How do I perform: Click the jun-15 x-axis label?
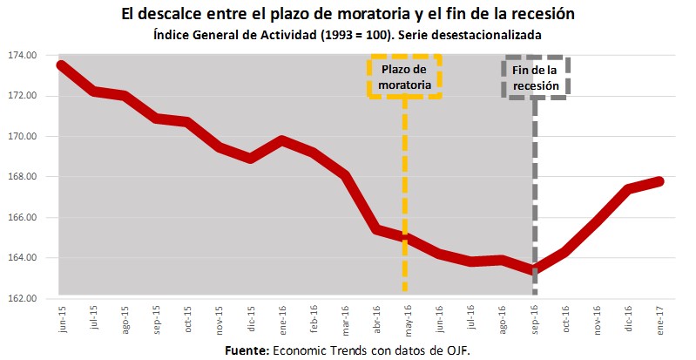(64, 319)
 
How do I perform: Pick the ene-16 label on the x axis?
(282, 319)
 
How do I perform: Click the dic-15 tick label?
(251, 319)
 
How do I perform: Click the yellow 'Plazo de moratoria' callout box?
(405, 77)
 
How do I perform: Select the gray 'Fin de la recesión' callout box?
(537, 78)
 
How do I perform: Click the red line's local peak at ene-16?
(281, 139)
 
